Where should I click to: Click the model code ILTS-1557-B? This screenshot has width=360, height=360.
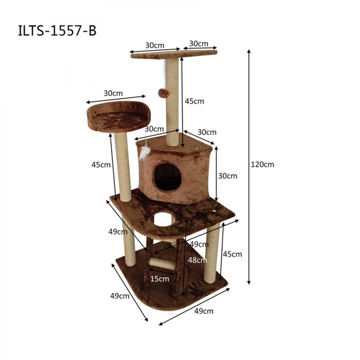(57, 31)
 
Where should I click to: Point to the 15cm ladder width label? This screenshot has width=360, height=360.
(160, 279)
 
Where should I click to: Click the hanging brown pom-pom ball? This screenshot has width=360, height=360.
(164, 93)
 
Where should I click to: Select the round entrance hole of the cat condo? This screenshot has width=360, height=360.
(167, 177)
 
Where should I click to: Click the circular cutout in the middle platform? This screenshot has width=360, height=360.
(163, 219)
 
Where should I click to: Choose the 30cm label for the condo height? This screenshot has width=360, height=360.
(228, 176)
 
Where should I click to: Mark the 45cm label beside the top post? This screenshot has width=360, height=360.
(194, 101)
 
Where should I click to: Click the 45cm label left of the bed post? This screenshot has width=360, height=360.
(100, 165)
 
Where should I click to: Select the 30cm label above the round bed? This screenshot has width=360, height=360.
(113, 93)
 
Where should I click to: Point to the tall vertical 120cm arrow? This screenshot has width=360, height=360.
(249, 166)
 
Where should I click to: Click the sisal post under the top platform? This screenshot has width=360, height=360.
(172, 101)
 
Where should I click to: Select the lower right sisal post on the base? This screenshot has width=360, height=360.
(212, 254)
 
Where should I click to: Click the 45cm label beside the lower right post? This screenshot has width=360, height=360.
(232, 254)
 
